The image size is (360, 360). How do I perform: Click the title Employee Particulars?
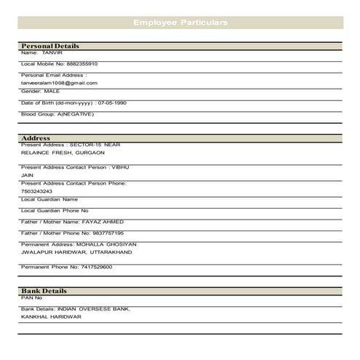point(180,23)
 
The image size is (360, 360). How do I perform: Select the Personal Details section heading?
point(50,46)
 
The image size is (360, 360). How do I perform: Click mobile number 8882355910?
point(82,64)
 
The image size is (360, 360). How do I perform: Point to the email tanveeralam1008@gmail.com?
point(59,83)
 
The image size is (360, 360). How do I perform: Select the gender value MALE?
point(52,91)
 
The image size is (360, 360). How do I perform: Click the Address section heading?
point(36,137)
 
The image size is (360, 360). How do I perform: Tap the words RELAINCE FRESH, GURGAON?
point(63,153)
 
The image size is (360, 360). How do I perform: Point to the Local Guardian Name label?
point(49,199)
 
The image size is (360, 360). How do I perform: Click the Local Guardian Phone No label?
point(55,210)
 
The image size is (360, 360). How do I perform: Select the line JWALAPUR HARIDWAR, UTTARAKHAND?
point(76,252)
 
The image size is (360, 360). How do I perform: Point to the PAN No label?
point(32,297)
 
